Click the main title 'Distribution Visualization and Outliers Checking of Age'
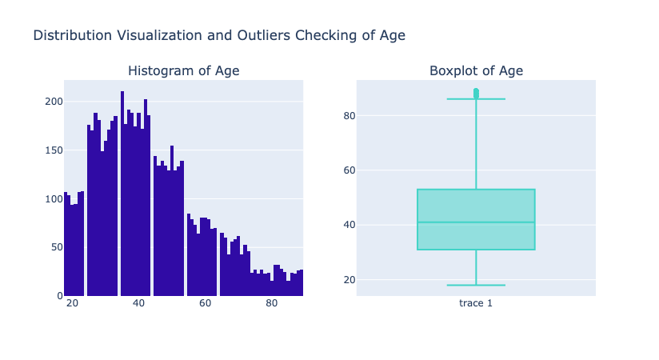tap(219, 35)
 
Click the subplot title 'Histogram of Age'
tap(183, 71)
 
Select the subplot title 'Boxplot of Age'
tap(476, 71)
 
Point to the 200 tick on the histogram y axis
tap(53, 102)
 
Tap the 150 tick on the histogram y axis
tap(53, 150)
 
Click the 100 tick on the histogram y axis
tap(53, 198)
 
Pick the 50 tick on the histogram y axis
tap(55, 247)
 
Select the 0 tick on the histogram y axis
tap(58, 296)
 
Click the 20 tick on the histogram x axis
tap(73, 304)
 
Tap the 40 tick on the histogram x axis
tap(139, 304)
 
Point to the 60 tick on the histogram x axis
tap(206, 304)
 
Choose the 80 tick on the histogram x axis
tap(272, 304)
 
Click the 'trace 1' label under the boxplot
tap(476, 304)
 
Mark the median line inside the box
tap(476, 222)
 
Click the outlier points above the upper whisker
tap(476, 93)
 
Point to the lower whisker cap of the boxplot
tap(476, 285)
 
